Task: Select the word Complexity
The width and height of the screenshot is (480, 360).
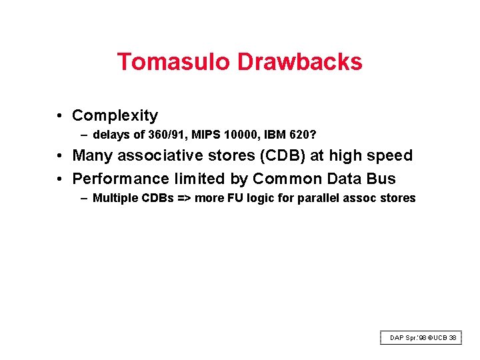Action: coord(115,116)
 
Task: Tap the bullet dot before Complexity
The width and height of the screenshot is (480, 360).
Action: coord(60,116)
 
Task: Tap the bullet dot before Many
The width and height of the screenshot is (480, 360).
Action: coord(60,156)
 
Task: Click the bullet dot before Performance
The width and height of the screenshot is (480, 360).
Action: coord(60,179)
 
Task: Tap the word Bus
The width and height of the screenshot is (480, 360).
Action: coord(382,179)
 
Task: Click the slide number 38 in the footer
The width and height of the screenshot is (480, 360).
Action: coord(453,338)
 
